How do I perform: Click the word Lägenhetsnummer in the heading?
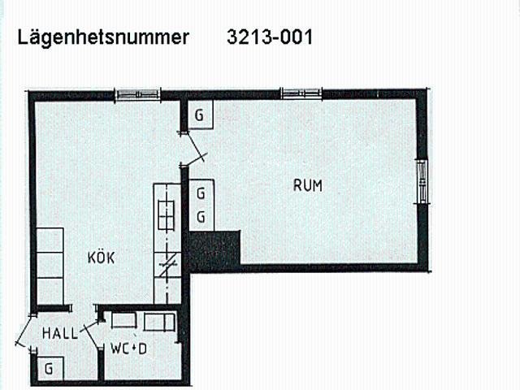point(103,38)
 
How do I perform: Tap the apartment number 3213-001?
point(270,37)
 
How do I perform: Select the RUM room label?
point(308,185)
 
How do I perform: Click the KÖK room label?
point(101,258)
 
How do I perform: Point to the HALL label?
point(60,333)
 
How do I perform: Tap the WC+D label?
point(128,349)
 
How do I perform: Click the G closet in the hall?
point(50,368)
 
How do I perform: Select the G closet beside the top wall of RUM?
point(200,115)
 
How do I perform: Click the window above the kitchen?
point(137,94)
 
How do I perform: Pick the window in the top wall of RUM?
point(301,93)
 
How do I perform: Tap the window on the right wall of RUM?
point(422,181)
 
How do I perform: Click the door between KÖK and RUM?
point(193,149)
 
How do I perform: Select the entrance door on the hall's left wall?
point(25,331)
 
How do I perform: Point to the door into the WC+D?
point(93,335)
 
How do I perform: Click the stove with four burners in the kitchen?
point(166,215)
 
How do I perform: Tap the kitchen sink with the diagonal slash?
point(168,265)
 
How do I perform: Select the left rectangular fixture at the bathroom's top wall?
point(123,320)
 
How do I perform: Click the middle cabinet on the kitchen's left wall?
point(50,265)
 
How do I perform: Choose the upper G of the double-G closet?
point(201,193)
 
